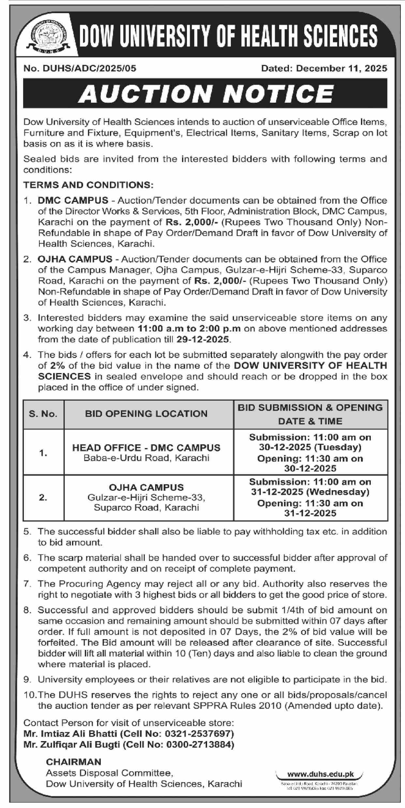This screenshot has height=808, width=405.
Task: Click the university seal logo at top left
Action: pyautogui.click(x=47, y=38)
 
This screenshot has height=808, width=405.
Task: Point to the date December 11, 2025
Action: pyautogui.click(x=341, y=68)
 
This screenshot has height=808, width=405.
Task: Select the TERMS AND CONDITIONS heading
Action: pyautogui.click(x=88, y=185)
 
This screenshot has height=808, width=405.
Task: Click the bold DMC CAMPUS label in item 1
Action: pyautogui.click(x=73, y=200)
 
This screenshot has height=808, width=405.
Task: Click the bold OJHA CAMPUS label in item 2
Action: pyautogui.click(x=75, y=259)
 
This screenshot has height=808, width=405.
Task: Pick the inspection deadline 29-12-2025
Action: pyautogui.click(x=202, y=339)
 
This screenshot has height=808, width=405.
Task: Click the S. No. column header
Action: pyautogui.click(x=43, y=414)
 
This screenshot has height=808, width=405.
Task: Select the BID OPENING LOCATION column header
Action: pyautogui.click(x=146, y=414)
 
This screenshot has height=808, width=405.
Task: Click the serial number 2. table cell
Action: pyautogui.click(x=43, y=497)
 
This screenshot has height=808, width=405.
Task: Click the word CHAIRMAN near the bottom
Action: pyautogui.click(x=73, y=762)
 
